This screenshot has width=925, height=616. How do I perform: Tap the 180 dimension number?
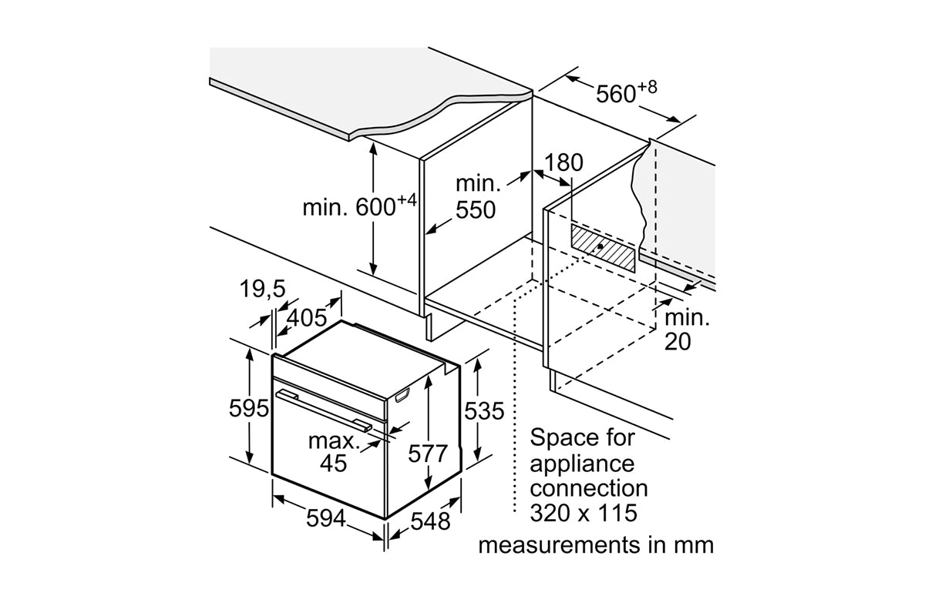pyautogui.click(x=563, y=162)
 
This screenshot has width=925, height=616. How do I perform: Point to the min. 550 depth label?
pyautogui.click(x=476, y=196)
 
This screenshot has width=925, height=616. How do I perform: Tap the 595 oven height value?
pyautogui.click(x=248, y=408)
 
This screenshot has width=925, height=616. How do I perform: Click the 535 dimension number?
pyautogui.click(x=483, y=410)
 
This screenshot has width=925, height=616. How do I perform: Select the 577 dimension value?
pyautogui.click(x=427, y=454)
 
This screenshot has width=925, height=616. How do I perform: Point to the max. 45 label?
pyautogui.click(x=334, y=452)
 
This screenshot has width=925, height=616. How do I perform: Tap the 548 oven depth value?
pyautogui.click(x=429, y=521)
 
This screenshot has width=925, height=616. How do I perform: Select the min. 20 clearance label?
pyautogui.click(x=688, y=329)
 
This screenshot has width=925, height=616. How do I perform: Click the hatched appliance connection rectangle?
pyautogui.click(x=604, y=247)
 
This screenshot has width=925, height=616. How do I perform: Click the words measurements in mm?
pyautogui.click(x=595, y=545)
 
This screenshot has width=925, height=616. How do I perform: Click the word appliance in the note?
pyautogui.click(x=582, y=463)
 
